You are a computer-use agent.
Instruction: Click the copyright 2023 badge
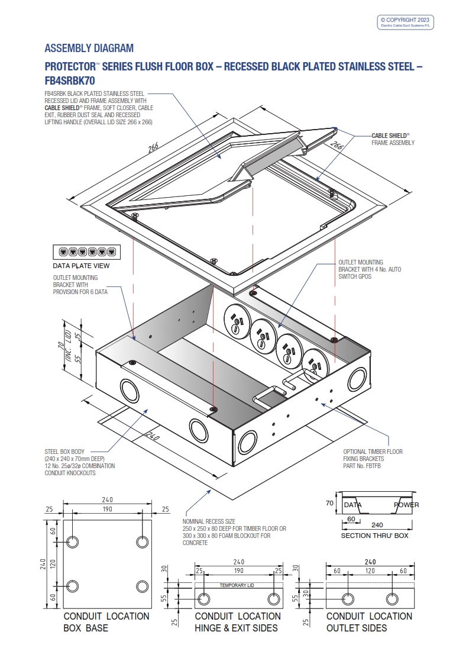point(406,22)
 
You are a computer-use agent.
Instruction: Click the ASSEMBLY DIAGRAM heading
point(89,49)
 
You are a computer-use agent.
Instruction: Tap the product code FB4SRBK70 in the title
point(70,80)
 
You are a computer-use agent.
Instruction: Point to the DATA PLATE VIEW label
point(81,266)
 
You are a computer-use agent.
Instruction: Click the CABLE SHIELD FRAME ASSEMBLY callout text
point(393,139)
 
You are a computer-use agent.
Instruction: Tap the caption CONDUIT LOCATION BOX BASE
point(106,621)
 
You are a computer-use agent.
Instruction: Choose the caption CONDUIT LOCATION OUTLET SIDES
point(369,621)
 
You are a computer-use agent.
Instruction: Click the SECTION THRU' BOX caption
point(374,536)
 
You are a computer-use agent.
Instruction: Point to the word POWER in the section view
point(406,505)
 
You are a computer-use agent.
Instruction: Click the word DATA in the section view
point(352,505)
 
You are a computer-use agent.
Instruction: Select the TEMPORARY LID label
point(237,585)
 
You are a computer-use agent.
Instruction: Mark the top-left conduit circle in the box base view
point(73,541)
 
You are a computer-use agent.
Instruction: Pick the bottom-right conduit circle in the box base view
point(142,586)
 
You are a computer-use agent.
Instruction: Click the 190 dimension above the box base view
point(107,509)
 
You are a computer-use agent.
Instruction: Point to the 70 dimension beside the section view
point(330,504)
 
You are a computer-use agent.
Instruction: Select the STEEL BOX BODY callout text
point(80,462)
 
